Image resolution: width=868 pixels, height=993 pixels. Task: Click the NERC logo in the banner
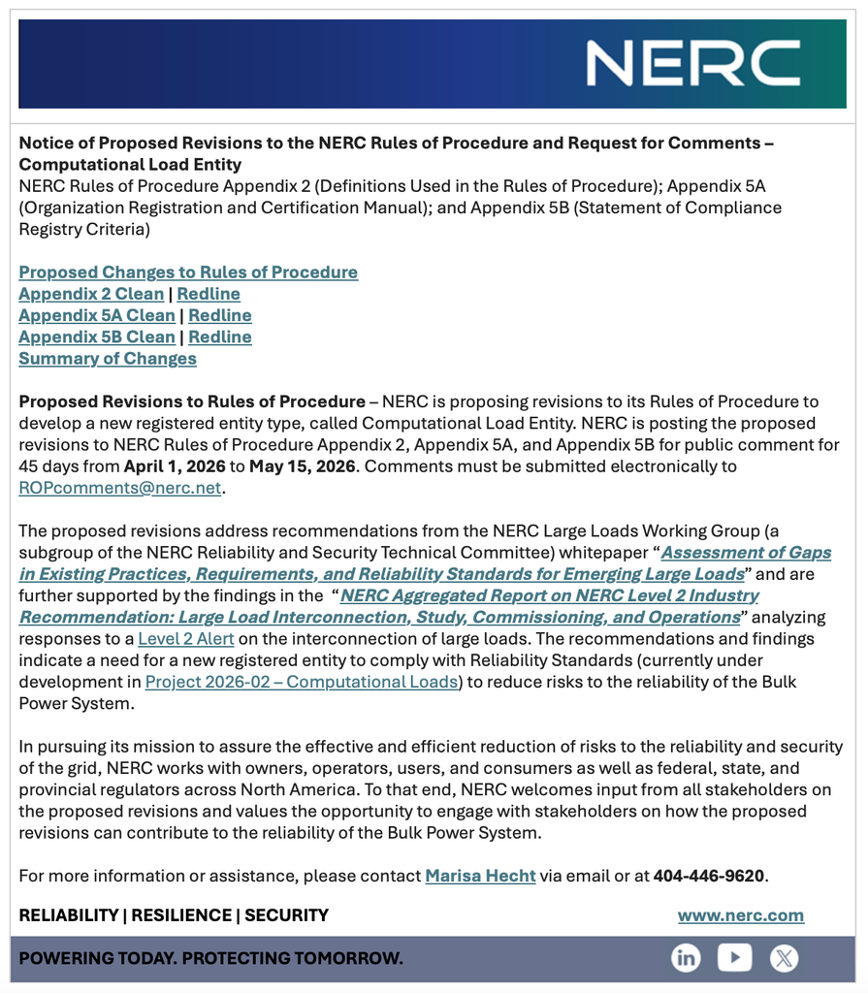[x=691, y=63]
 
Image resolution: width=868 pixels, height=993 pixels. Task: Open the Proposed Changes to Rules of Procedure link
[x=188, y=272]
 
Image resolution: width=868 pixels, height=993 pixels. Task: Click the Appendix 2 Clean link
[x=91, y=294]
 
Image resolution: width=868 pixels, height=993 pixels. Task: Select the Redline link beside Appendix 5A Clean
[x=220, y=315]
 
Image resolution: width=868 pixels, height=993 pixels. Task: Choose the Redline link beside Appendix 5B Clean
[x=220, y=336]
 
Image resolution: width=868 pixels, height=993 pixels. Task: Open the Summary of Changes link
[x=108, y=359]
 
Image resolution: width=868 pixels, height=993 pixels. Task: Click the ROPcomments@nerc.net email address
[x=120, y=488]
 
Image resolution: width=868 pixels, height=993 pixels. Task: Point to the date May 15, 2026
[x=303, y=466]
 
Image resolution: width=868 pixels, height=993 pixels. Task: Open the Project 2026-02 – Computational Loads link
[x=302, y=682]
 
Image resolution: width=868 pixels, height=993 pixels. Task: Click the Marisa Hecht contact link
[x=480, y=876]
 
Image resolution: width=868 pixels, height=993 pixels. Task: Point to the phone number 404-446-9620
[x=708, y=876]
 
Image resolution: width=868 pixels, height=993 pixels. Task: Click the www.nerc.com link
[x=741, y=915]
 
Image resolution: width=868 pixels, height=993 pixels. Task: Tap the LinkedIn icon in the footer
[x=686, y=958]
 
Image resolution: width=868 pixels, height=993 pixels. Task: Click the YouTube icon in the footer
[x=734, y=958]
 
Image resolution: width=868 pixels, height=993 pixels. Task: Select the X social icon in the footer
[x=784, y=958]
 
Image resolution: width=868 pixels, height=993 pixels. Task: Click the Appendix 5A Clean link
[x=97, y=315]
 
